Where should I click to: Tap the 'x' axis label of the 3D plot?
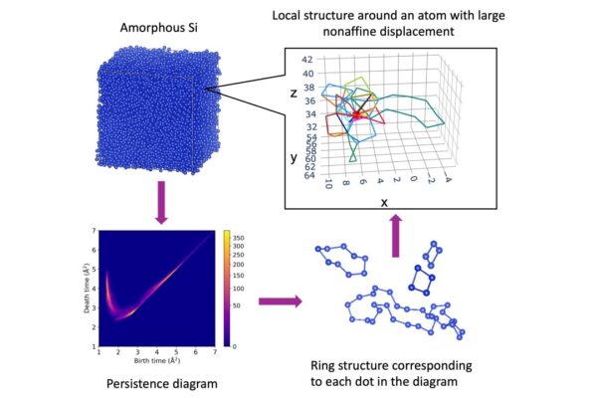pyautogui.click(x=383, y=201)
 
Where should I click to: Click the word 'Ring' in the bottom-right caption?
pyautogui.click(x=325, y=365)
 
